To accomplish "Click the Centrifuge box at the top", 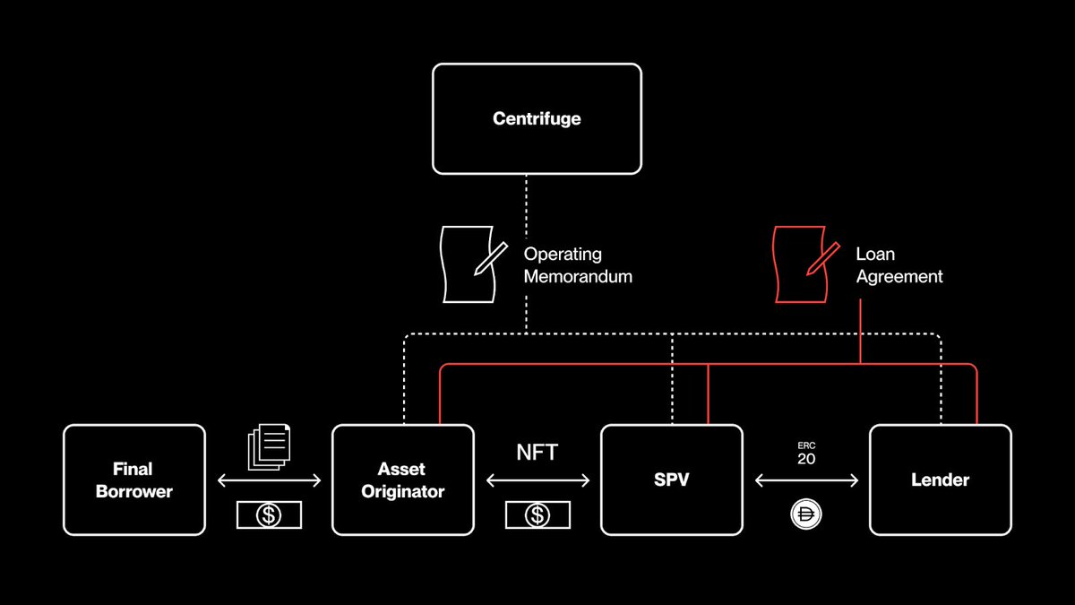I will click(537, 118).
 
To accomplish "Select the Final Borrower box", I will click(133, 480).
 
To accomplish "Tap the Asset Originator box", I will click(402, 480).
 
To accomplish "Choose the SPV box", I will click(671, 480).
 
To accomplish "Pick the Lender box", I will click(940, 480).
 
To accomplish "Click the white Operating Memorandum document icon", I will click(469, 264).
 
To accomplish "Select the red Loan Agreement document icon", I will click(800, 264).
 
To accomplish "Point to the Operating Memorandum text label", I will click(578, 265).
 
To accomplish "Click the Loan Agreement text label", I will click(899, 265).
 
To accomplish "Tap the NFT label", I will click(537, 453).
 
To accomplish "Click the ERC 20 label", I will click(806, 453).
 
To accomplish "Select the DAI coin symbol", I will click(805, 514).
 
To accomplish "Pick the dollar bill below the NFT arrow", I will click(537, 514).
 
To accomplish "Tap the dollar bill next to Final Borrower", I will click(269, 514).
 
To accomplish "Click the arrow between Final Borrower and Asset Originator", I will click(269, 481).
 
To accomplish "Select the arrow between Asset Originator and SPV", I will click(537, 481).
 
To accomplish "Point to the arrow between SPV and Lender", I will click(806, 481).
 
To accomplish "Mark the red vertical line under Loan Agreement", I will click(861, 332).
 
